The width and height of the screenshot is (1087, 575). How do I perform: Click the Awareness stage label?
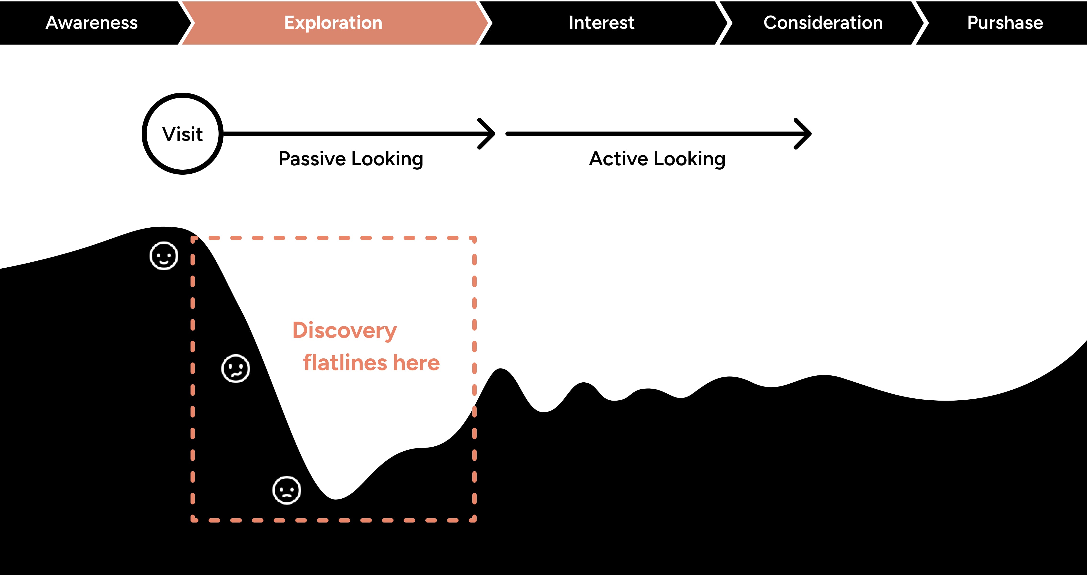[x=92, y=23]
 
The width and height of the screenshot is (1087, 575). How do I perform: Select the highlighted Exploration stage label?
[x=333, y=23]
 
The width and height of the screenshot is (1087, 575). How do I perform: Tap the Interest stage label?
[x=601, y=23]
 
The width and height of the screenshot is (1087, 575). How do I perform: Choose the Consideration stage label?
[x=823, y=23]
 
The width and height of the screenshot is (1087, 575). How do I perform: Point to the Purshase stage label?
[x=1005, y=23]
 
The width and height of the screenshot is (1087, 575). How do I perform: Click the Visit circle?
[x=183, y=134]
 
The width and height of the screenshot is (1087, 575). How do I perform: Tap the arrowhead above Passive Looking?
[x=487, y=134]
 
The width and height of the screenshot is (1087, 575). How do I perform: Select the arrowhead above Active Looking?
[x=804, y=134]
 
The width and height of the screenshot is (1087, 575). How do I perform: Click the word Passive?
[x=312, y=159]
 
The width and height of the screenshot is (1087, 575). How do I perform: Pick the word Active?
[x=618, y=159]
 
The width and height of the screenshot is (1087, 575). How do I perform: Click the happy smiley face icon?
[x=164, y=256]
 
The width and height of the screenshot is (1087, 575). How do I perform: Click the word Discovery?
[x=344, y=330]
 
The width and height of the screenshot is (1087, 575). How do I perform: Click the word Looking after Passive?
[x=387, y=159]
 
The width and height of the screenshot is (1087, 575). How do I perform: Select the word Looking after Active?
[x=689, y=159]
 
